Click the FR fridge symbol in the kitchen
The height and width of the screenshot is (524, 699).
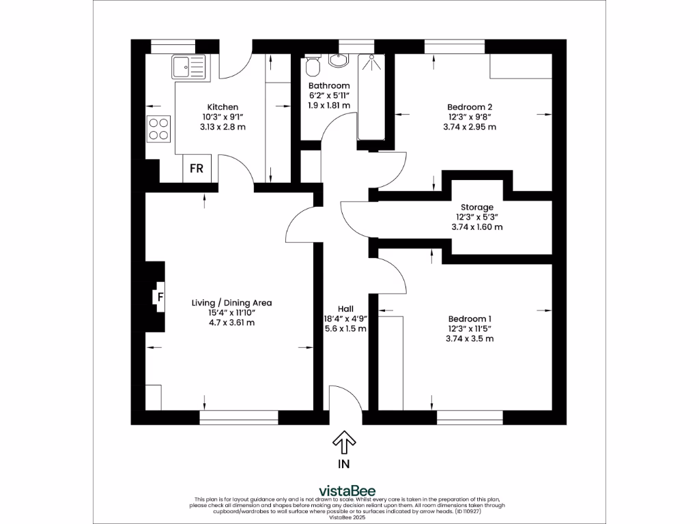(197, 169)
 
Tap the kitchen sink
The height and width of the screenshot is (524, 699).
(188, 68)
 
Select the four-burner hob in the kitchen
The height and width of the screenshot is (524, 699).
(158, 129)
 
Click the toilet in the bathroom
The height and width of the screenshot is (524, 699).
(313, 66)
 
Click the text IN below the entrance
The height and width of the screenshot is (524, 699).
(343, 465)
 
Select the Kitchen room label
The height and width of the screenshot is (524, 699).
(223, 107)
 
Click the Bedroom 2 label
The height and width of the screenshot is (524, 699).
(470, 106)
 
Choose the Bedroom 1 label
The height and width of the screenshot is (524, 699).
(470, 319)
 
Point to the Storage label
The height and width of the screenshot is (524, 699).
(476, 207)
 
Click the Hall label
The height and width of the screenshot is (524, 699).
(345, 308)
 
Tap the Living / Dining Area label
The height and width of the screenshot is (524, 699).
(231, 303)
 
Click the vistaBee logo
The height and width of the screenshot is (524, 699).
(347, 491)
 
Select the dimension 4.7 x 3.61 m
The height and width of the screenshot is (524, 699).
(231, 323)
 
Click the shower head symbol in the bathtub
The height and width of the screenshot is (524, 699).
(371, 59)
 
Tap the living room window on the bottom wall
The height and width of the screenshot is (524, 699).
(239, 414)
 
